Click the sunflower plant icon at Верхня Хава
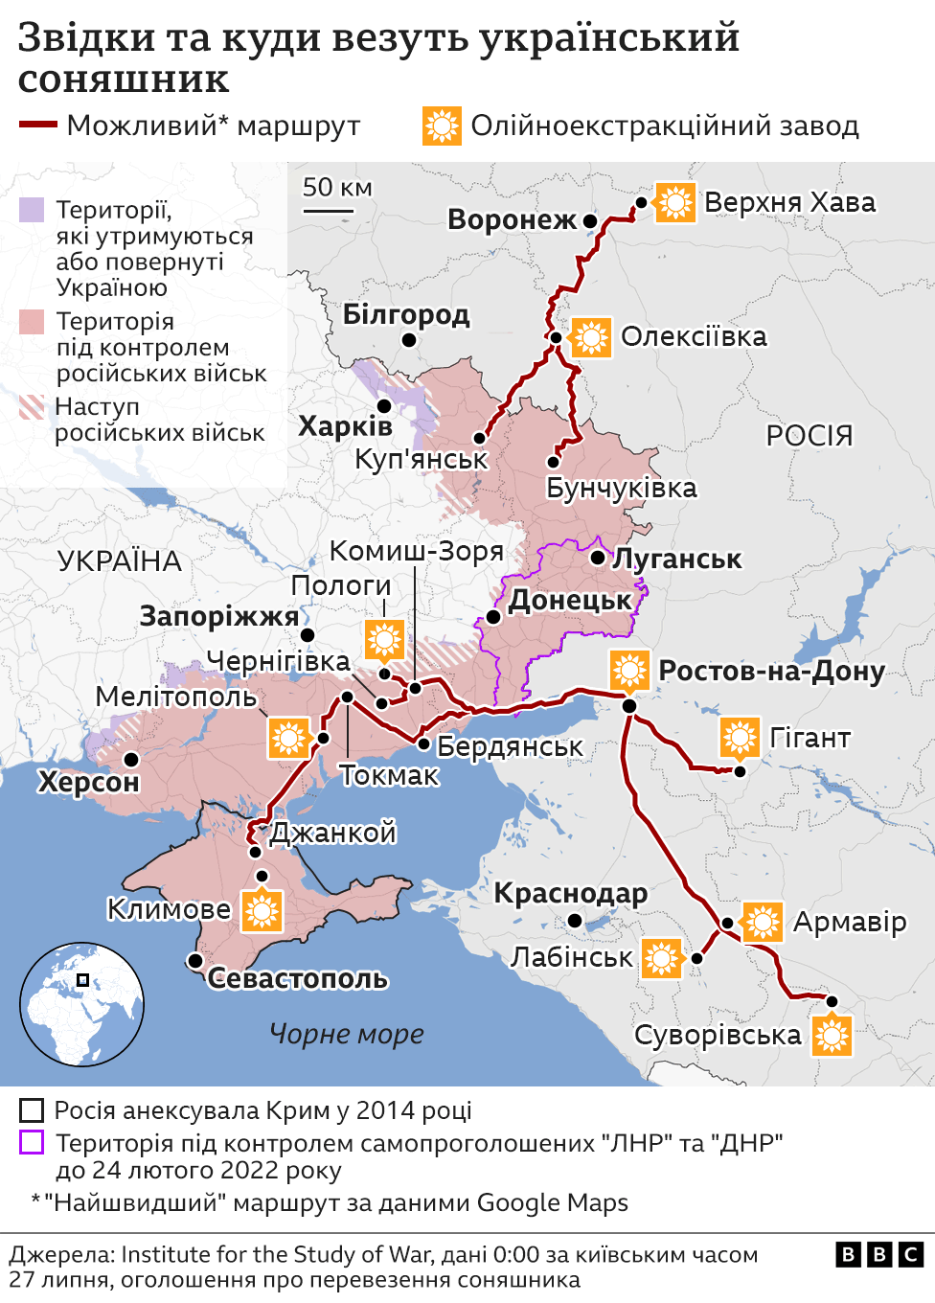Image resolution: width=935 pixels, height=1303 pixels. click(x=675, y=202)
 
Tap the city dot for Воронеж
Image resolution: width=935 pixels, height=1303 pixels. click(x=590, y=221)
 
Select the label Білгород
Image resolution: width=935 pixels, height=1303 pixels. click(x=406, y=314)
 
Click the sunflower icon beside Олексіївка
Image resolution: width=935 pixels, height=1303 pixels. click(x=591, y=337)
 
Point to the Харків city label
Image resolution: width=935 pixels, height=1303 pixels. click(x=345, y=426)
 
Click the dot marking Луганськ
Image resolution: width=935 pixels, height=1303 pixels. click(x=598, y=557)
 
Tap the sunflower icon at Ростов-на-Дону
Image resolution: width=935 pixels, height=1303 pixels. click(x=629, y=671)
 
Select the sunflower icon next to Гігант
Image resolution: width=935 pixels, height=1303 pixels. click(x=740, y=738)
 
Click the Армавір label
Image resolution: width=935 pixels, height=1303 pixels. click(x=850, y=922)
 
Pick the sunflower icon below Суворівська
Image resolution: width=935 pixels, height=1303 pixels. click(x=832, y=1036)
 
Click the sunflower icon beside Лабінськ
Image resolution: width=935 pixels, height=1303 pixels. click(x=662, y=958)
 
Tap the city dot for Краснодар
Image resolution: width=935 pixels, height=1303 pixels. click(x=575, y=921)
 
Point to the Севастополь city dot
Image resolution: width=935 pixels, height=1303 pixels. click(x=195, y=960)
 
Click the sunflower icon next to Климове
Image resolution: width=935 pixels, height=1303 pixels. click(x=262, y=910)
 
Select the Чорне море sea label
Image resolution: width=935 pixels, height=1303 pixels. click(x=347, y=1034)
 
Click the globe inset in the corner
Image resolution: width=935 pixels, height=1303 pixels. click(x=82, y=1004)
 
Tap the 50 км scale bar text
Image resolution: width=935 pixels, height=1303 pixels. click(x=337, y=188)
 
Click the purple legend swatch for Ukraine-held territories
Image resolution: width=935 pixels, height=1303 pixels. click(x=32, y=210)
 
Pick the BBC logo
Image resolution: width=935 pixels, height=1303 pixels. click(x=879, y=1254)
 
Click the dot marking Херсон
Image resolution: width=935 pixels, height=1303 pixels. click(x=131, y=759)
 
